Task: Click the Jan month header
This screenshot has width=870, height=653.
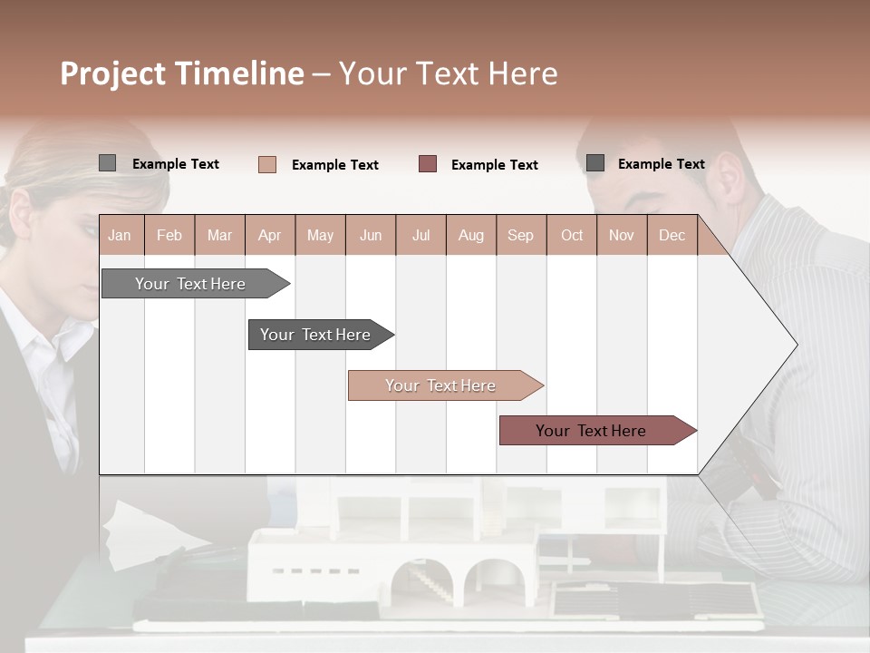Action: [120, 236]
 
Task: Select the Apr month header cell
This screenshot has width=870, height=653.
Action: [270, 236]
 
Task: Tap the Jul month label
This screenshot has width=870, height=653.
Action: [420, 236]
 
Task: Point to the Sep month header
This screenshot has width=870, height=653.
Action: [520, 236]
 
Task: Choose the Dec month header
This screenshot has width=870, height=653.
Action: [672, 236]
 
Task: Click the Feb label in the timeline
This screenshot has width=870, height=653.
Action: [169, 236]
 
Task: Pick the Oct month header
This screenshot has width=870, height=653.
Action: [572, 236]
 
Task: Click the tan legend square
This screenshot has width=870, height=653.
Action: [267, 164]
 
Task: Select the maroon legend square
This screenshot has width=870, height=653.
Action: [428, 164]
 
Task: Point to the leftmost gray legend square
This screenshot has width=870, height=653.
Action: [107, 163]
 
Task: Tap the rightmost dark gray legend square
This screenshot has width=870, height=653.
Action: [595, 163]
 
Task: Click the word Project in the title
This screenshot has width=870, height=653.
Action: [111, 73]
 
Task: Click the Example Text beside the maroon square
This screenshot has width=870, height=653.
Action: [494, 165]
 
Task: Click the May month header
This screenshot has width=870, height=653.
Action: [320, 236]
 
